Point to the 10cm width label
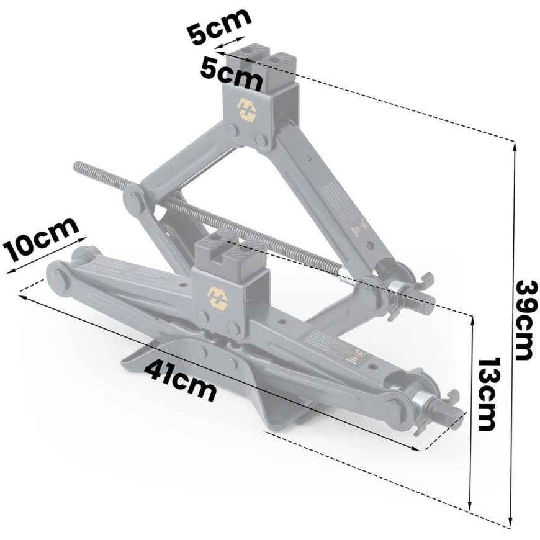(x=40, y=239)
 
